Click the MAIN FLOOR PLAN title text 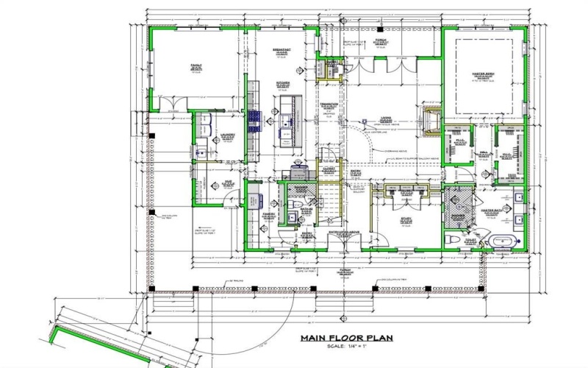(346, 339)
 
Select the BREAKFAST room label (281, 51)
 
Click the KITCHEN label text (283, 83)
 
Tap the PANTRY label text (268, 216)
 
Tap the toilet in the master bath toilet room (454, 240)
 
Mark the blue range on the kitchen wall (254, 118)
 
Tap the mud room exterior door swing (216, 197)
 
